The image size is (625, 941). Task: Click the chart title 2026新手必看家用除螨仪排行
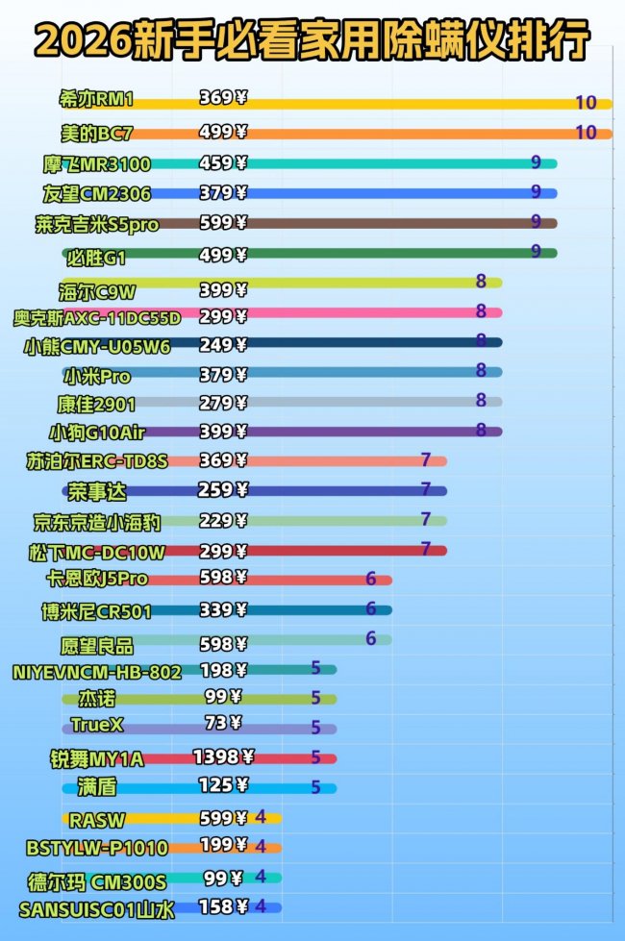pyautogui.click(x=312, y=41)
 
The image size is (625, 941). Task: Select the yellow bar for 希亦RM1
pyautogui.click(x=404, y=104)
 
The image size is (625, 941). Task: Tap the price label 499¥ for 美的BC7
pyautogui.click(x=222, y=132)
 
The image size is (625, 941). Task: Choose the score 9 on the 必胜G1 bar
pyautogui.click(x=536, y=252)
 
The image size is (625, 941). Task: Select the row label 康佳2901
pyautogui.click(x=96, y=404)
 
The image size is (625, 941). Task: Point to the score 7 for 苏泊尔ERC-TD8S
pyautogui.click(x=425, y=459)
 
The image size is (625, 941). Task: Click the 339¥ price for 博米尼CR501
pyautogui.click(x=222, y=609)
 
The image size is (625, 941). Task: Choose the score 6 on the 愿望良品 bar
pyautogui.click(x=370, y=638)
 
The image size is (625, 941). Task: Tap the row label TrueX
pyautogui.click(x=97, y=724)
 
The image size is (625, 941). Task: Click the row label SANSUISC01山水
pyautogui.click(x=96, y=908)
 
